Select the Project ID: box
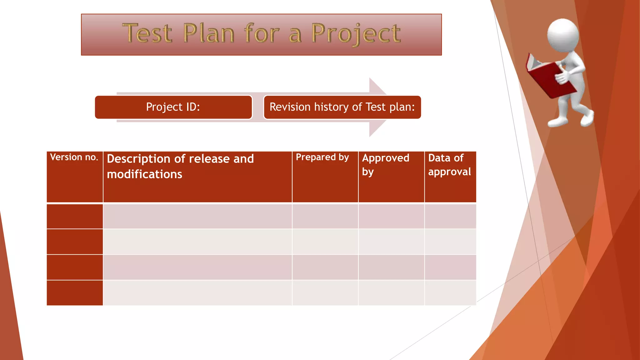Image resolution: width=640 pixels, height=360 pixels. coord(173,107)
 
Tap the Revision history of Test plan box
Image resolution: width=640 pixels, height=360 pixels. coord(342,107)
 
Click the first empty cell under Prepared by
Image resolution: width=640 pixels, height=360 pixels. coord(325,216)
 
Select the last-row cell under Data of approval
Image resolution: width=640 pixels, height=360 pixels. coord(450,293)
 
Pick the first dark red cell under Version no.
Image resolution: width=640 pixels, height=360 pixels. coord(75,216)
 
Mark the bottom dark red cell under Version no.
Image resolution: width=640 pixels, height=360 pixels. coord(75,293)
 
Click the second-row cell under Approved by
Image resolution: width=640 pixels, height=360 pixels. coord(391,242)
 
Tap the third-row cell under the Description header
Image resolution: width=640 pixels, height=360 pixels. coord(197,267)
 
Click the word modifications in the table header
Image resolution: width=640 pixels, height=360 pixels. coord(144,174)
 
